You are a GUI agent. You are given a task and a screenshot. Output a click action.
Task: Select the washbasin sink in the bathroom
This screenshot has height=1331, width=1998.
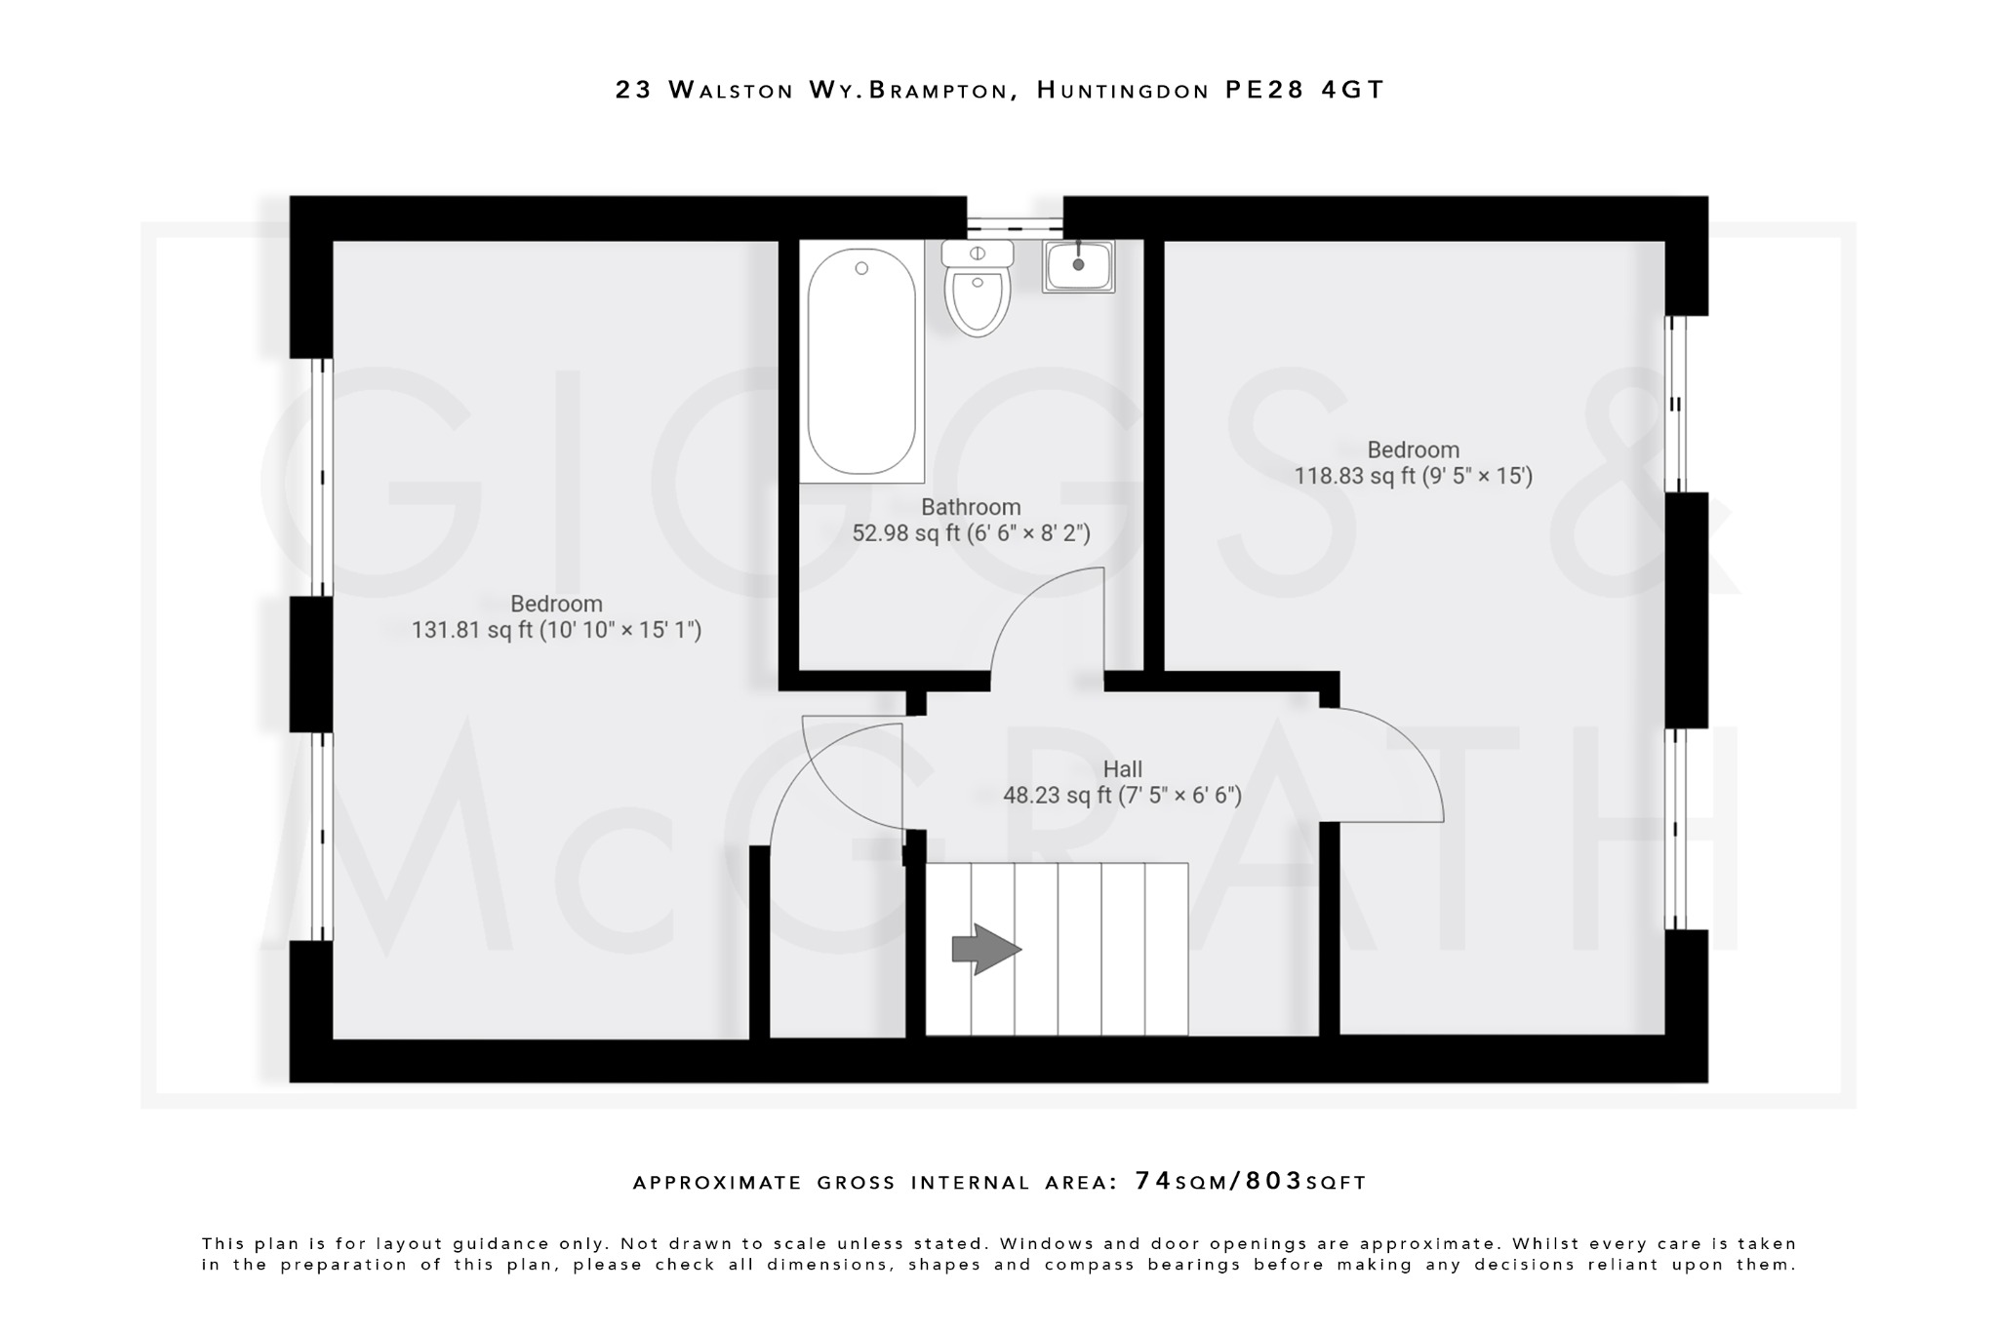tap(1078, 265)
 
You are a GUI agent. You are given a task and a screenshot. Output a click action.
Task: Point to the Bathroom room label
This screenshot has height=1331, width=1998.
tap(971, 507)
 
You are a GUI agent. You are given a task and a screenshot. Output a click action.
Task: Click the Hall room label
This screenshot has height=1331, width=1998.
tap(1122, 769)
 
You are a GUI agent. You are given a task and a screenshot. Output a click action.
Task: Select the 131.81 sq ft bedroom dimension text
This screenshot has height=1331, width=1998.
tap(556, 630)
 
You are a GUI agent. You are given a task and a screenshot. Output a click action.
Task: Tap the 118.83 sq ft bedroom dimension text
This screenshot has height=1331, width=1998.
tap(1413, 476)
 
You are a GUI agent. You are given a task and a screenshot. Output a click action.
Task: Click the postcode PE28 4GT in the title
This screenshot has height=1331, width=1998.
tap(1304, 90)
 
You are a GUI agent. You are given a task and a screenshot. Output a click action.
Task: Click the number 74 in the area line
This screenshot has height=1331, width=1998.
tap(1153, 1181)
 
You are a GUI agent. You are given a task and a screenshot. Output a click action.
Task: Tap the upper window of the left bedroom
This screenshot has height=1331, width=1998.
tap(322, 477)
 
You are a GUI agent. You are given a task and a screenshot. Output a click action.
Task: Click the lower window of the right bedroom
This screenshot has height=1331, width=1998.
tap(1675, 829)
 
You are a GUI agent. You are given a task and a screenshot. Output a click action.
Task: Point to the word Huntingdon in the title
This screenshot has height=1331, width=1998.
tap(1122, 90)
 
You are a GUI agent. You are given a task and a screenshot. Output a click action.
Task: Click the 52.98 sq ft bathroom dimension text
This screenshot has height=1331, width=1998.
tap(971, 533)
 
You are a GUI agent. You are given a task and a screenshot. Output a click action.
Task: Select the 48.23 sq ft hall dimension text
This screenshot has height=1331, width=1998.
tap(1122, 796)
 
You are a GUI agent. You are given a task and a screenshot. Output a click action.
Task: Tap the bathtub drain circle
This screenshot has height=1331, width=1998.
tap(861, 268)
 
